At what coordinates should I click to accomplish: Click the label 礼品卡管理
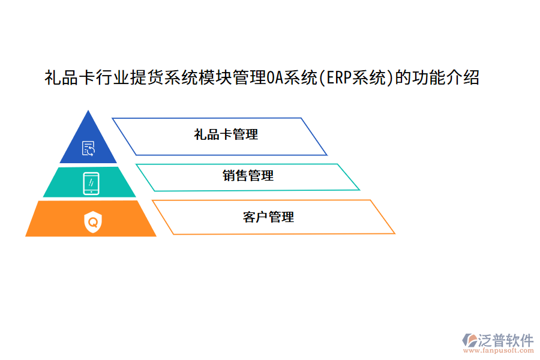coord(226,135)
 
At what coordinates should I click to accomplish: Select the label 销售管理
coord(248,176)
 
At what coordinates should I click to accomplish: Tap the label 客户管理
coord(268,217)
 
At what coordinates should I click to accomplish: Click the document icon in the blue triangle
coord(89,148)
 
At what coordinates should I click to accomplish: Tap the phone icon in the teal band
coord(91,184)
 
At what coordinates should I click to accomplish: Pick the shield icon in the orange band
coord(93,222)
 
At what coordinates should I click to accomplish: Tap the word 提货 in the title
coord(139,78)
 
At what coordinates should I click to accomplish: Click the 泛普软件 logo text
coord(506,340)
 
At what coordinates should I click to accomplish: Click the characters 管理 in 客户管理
coord(281,217)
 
